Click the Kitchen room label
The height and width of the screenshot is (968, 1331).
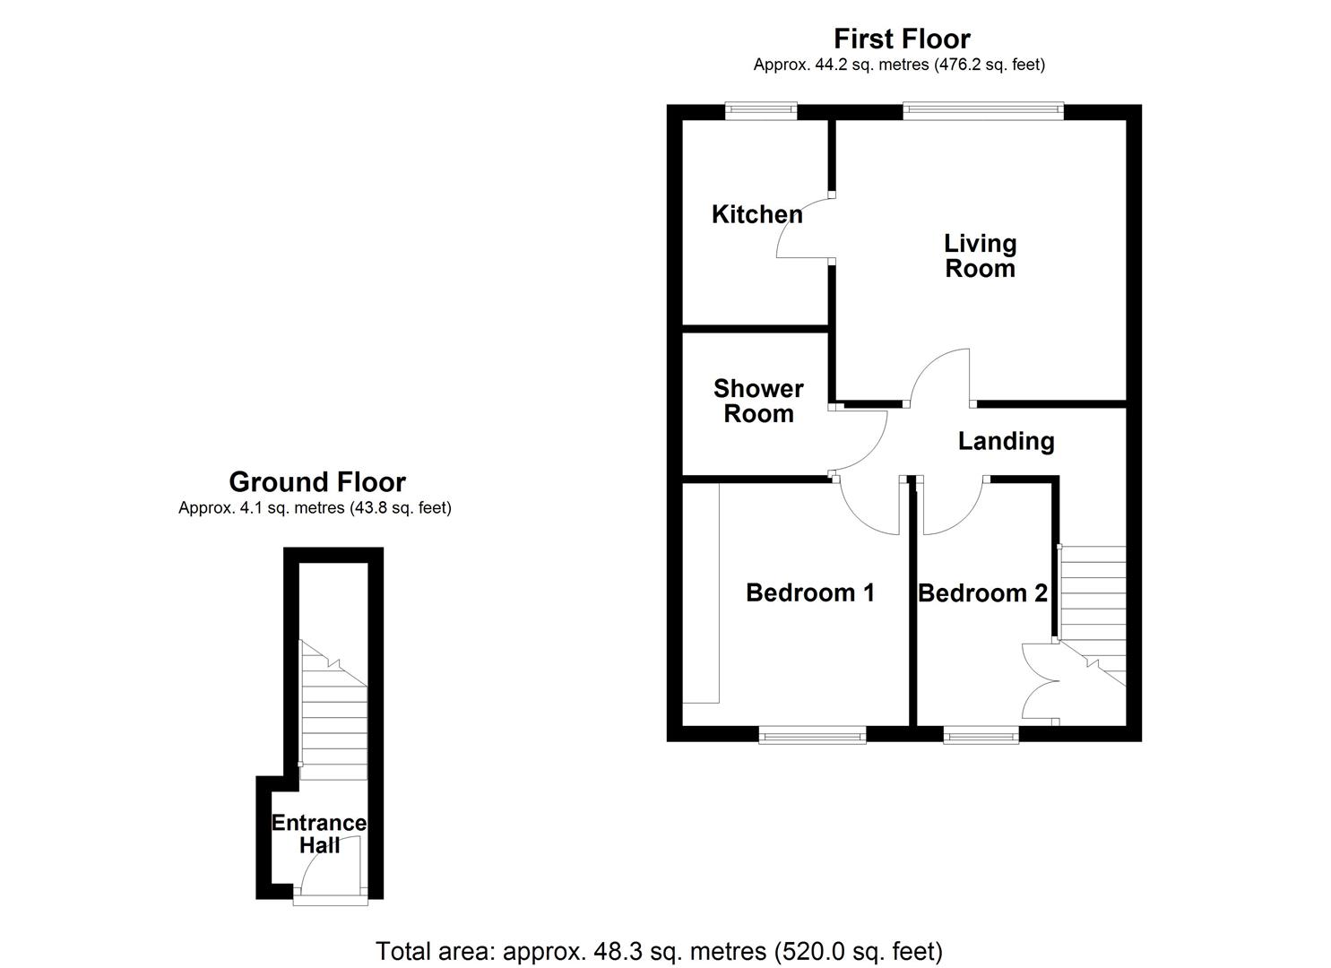coord(756,214)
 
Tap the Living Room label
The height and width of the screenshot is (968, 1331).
coord(980,255)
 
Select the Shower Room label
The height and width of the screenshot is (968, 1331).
coord(758,401)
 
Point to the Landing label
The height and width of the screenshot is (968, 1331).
coord(1006,441)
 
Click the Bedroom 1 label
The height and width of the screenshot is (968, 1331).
coord(810,592)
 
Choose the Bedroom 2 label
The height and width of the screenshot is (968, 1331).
coord(982,592)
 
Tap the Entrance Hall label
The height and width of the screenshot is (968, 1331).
coord(319,834)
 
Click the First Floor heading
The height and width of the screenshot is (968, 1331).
coord(901,39)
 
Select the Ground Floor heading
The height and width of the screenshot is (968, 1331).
coord(317,482)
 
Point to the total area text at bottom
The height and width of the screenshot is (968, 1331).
coord(659,950)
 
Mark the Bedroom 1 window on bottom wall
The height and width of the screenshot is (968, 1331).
coord(812,736)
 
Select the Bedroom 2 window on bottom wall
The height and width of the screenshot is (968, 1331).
coord(981,736)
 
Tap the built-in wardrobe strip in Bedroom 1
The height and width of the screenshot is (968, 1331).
coord(701,592)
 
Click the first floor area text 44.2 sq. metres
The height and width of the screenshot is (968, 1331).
coord(899,65)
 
